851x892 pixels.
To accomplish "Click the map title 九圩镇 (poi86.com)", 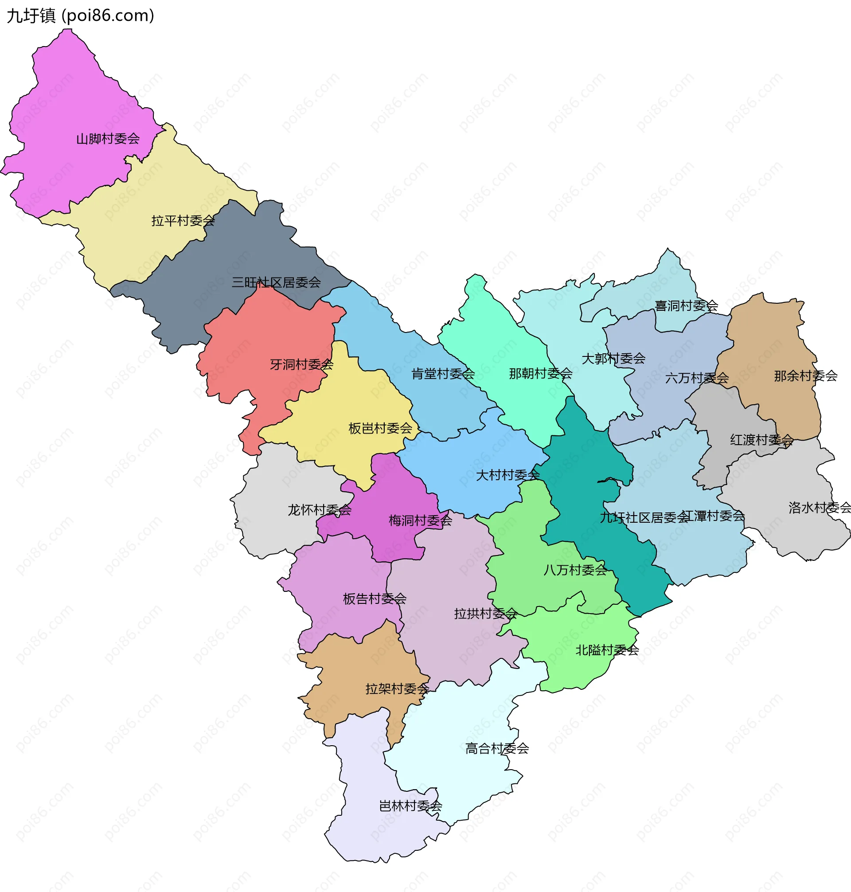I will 80,16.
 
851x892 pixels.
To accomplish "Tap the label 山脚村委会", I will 108,138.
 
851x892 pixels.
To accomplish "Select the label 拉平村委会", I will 183,220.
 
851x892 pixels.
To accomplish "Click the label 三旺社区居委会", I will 276,282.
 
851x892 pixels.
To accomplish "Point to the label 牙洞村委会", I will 302,364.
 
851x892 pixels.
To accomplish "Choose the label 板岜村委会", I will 380,428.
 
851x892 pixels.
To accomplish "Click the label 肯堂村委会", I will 443,373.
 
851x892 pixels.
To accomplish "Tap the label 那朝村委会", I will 541,373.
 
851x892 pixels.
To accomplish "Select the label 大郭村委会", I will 614,358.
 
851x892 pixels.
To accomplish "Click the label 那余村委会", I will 806,375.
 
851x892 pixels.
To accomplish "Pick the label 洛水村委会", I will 819,507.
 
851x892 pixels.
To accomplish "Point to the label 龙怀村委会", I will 320,509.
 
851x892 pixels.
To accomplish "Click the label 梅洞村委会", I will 421,520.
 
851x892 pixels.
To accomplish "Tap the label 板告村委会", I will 375,599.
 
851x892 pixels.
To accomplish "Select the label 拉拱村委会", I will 486,614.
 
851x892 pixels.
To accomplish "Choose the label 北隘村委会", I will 607,650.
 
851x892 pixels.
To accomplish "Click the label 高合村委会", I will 497,748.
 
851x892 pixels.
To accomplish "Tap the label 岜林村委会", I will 410,806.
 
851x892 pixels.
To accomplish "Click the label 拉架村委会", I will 398,689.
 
